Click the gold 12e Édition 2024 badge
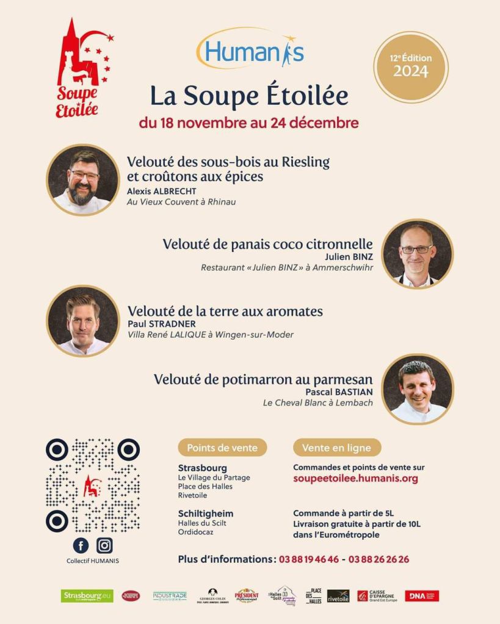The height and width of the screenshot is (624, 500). coord(410,66)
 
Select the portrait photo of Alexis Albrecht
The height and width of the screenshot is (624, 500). coord(82,179)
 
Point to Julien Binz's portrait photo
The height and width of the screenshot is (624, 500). coord(418,253)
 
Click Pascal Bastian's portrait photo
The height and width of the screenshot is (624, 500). coord(418,389)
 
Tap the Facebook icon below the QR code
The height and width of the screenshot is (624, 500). coord(81,545)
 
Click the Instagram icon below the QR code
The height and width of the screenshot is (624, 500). coord(104,545)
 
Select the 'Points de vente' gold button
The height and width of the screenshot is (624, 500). coord(222,448)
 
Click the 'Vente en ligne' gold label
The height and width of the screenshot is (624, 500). coord(336,448)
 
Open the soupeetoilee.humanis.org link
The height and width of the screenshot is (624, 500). coord(355,479)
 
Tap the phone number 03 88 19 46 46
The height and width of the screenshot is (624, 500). coord(309,559)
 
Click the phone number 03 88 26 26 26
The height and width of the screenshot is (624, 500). coord(379,559)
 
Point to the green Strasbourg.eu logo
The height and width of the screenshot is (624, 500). coord(87,596)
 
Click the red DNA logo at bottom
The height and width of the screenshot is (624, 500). coord(422,596)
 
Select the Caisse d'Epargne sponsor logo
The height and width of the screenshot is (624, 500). coord(377,596)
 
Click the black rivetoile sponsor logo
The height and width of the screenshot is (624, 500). coord(338,596)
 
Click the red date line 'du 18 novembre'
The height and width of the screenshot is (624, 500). coord(248,123)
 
